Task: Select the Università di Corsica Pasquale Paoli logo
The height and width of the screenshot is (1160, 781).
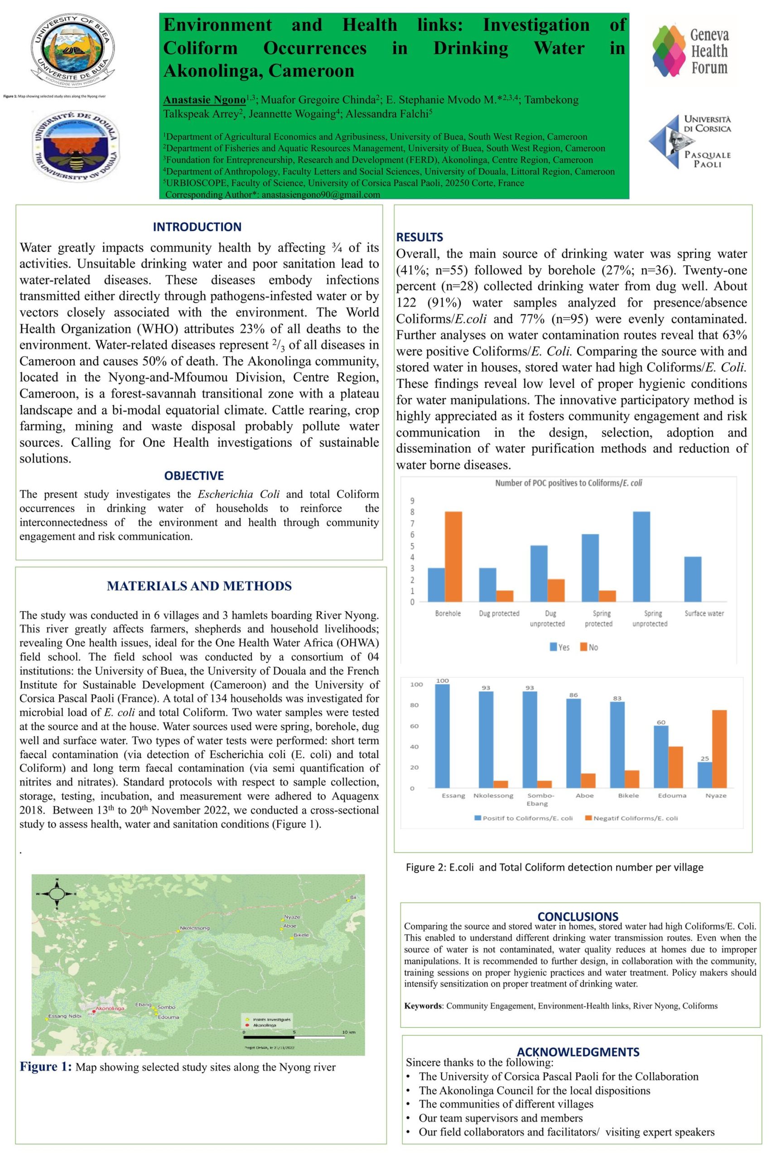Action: click(x=690, y=141)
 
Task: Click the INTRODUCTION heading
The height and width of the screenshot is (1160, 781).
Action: click(x=197, y=227)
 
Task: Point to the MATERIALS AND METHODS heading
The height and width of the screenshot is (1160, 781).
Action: click(x=199, y=586)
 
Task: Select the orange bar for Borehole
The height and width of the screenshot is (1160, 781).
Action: click(x=453, y=556)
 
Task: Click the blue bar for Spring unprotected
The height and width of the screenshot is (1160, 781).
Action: click(x=641, y=556)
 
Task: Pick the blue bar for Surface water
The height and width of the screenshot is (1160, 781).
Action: click(x=693, y=579)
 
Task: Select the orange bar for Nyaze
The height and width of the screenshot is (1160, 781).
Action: click(x=720, y=749)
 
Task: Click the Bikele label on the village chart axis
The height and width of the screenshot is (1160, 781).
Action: click(x=629, y=795)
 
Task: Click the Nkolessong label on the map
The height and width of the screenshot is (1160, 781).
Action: click(x=195, y=928)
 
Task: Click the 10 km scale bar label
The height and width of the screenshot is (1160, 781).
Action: click(x=349, y=1032)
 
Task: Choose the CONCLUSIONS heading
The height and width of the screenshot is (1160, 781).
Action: click(x=578, y=916)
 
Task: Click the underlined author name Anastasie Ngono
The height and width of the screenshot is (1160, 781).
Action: click(x=204, y=100)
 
